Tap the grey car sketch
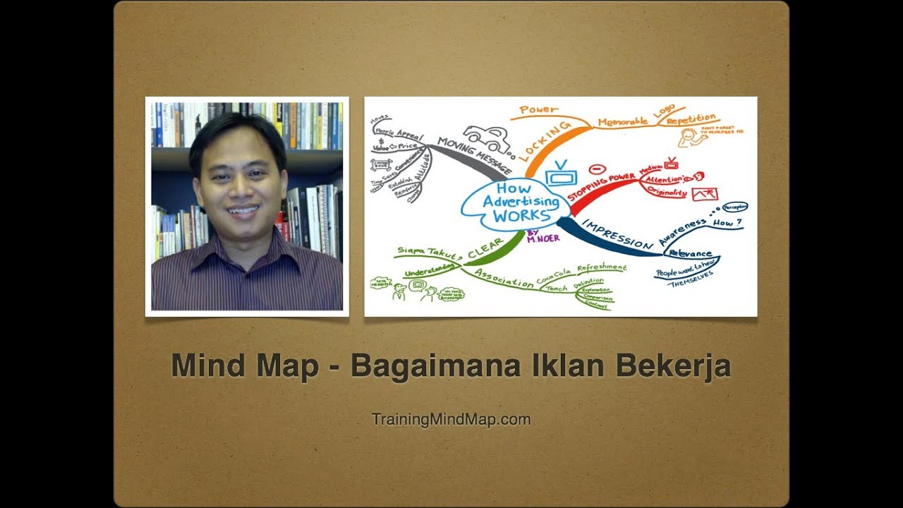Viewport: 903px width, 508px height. click(487, 139)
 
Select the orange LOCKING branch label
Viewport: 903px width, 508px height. click(544, 141)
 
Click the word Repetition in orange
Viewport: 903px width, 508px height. click(691, 119)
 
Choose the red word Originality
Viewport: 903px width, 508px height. click(666, 192)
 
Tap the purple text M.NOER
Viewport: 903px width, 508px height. click(543, 238)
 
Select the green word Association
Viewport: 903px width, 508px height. click(504, 277)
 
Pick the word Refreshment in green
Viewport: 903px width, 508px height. click(601, 268)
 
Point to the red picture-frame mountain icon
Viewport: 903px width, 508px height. click(705, 193)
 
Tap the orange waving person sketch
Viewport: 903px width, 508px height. click(694, 140)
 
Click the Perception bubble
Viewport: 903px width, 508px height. click(734, 207)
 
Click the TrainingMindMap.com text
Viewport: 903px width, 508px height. click(451, 419)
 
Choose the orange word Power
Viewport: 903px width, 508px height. click(538, 110)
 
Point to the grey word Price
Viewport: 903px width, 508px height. click(408, 146)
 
